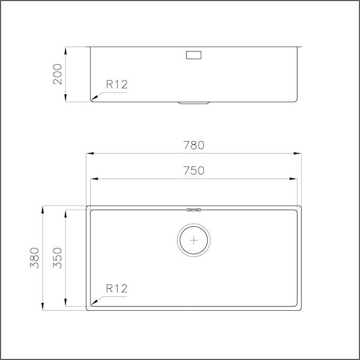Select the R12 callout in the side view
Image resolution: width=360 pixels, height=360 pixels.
(x=117, y=85)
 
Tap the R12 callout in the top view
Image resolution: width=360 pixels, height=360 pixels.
(x=117, y=289)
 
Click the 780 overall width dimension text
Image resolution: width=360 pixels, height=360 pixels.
(x=193, y=145)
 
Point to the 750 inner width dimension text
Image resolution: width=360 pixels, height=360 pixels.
(x=193, y=170)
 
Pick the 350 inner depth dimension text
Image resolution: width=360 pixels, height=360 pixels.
(x=58, y=257)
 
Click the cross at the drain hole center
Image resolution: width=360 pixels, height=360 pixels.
(x=194, y=240)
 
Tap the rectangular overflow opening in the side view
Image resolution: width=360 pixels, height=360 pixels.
(x=194, y=55)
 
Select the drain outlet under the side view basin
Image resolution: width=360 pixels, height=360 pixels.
(x=194, y=103)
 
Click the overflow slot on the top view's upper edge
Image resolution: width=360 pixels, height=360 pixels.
(x=194, y=209)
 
